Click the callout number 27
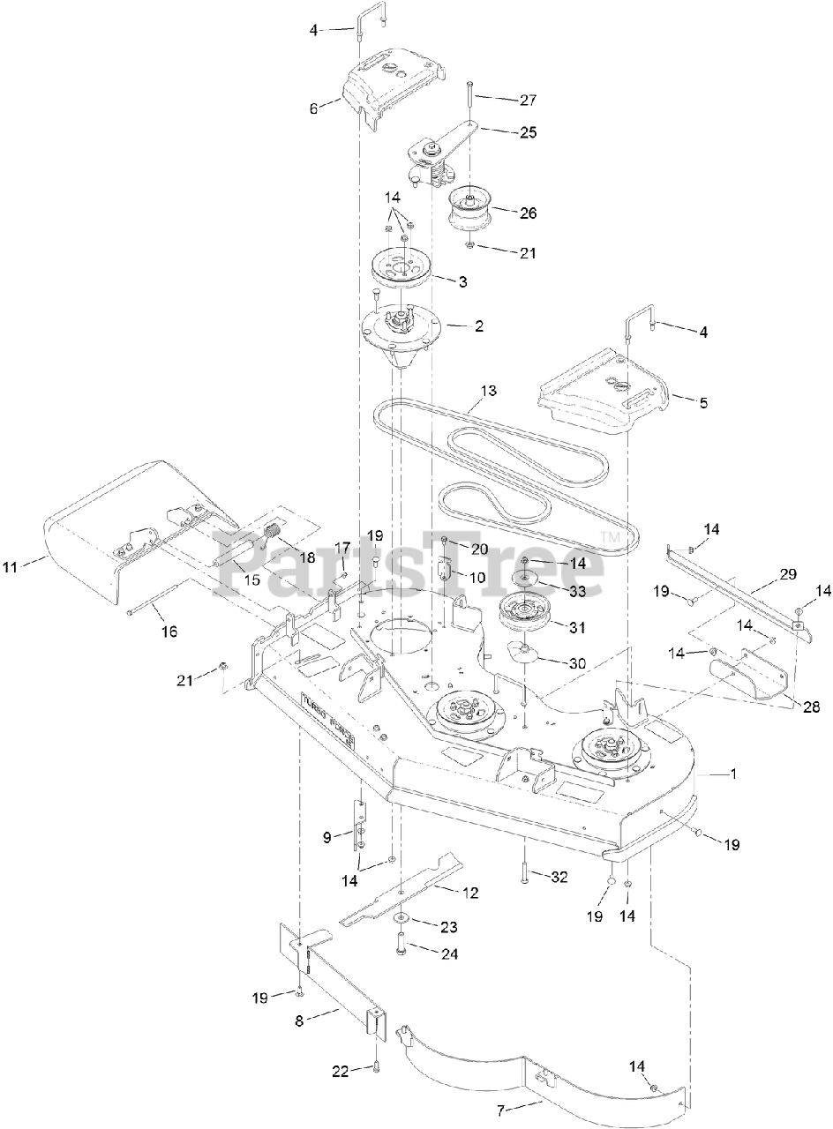527,100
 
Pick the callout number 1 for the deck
732,774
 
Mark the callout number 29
788,574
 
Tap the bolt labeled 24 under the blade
402,953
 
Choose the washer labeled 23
402,921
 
